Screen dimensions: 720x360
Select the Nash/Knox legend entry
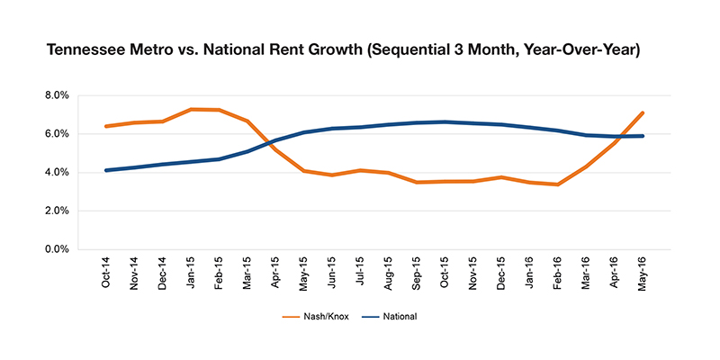pyautogui.click(x=317, y=317)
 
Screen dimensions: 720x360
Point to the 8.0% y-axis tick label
pyautogui.click(x=58, y=96)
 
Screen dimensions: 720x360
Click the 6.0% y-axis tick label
pyautogui.click(x=58, y=134)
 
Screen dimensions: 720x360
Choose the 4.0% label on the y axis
pyautogui.click(x=58, y=173)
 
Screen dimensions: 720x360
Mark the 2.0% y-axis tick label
pyautogui.click(x=58, y=211)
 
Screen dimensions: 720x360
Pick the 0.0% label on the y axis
pyautogui.click(x=58, y=249)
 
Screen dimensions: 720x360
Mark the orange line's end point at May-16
pyautogui.click(x=643, y=112)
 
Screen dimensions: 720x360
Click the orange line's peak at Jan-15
pyautogui.click(x=191, y=109)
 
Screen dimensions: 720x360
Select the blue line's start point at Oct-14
pyautogui.click(x=106, y=170)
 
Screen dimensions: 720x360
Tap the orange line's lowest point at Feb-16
pyautogui.click(x=558, y=184)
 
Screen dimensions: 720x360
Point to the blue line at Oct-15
pyautogui.click(x=445, y=121)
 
